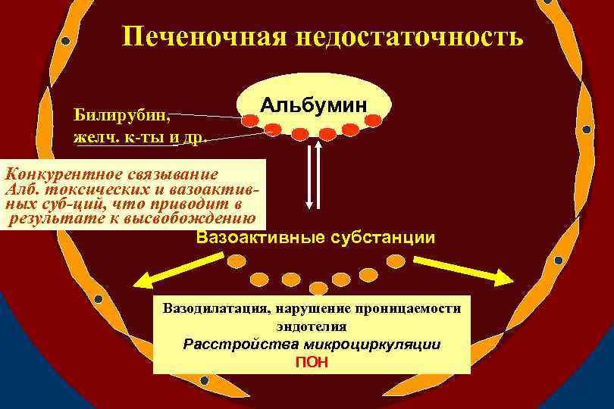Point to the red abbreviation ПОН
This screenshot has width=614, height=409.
(x=312, y=361)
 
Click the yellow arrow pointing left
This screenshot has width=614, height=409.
(x=167, y=270)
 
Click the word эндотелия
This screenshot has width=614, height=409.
(x=312, y=326)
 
